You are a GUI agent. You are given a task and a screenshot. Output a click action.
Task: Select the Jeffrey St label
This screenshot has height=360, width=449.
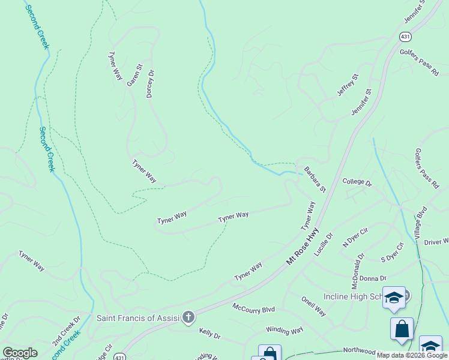(347, 85)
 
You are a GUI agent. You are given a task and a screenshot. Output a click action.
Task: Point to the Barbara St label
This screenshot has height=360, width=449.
(315, 180)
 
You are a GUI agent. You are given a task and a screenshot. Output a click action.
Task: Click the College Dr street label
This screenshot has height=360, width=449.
(357, 182)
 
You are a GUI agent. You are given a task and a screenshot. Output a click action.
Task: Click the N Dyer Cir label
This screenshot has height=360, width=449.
(354, 237)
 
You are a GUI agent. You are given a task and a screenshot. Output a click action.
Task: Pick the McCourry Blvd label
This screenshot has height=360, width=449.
(253, 309)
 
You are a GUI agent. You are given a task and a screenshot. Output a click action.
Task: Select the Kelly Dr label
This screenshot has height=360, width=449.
(210, 332)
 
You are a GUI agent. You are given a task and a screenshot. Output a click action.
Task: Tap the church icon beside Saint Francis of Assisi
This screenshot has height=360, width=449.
(188, 317)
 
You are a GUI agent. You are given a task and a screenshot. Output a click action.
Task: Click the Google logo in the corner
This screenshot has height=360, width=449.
(19, 353)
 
